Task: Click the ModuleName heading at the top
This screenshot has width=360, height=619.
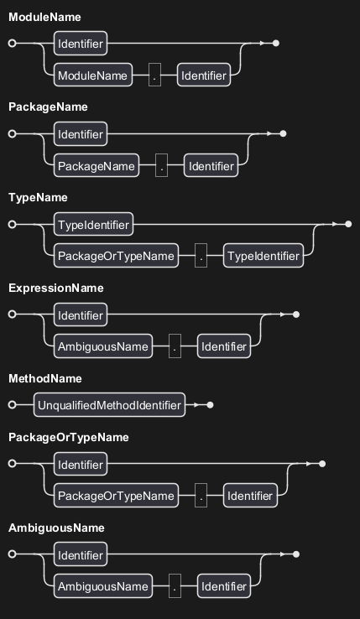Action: [x=44, y=17]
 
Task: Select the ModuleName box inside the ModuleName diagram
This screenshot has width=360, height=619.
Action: [x=93, y=75]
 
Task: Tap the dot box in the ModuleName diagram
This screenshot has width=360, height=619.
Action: [x=154, y=75]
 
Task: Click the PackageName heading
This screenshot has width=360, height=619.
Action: [x=48, y=107]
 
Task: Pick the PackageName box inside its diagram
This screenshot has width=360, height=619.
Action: [x=97, y=165]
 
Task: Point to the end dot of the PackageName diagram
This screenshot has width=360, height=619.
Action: [x=283, y=134]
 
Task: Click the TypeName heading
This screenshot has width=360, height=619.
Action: [x=38, y=198]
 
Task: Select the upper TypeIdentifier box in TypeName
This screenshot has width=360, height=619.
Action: [x=93, y=224]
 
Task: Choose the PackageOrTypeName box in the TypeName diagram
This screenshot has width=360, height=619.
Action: [x=116, y=256]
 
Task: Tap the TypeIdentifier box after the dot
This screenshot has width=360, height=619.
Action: [x=263, y=256]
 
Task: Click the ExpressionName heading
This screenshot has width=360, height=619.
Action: [x=56, y=289]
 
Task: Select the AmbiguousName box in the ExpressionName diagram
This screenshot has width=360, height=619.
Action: [x=102, y=346]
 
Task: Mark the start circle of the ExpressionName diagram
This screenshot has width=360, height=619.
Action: [x=13, y=315]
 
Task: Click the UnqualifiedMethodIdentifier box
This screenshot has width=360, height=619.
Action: [x=109, y=404]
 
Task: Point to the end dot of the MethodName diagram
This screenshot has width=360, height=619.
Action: [x=211, y=405]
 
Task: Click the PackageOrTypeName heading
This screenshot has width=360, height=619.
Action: [x=69, y=437]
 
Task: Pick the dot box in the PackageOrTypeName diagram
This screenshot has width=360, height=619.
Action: [x=201, y=496]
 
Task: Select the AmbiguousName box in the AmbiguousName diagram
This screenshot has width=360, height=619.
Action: [x=102, y=586]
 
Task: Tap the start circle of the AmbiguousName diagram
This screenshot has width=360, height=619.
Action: [x=13, y=554]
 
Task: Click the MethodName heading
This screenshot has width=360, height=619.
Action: [x=45, y=378]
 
